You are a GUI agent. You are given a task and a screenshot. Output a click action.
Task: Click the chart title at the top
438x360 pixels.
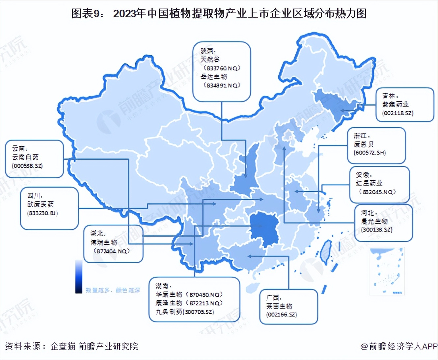click(219, 13)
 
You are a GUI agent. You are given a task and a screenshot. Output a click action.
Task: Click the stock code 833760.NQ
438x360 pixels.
click(222, 68)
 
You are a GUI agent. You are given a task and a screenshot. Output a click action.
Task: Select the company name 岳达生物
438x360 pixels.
click(214, 77)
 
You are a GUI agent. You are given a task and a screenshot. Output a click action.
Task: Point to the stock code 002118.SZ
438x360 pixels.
click(397, 113)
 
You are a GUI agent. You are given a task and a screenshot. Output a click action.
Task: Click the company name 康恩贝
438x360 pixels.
click(364, 144)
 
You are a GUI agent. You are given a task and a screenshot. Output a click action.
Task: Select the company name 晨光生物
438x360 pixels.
click(374, 221)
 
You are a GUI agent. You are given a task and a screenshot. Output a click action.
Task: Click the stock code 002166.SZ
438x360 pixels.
click(282, 315)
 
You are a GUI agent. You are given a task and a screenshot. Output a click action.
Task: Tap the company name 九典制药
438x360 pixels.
click(169, 312)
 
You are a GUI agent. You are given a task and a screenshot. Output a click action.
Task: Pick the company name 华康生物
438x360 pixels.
click(169, 295)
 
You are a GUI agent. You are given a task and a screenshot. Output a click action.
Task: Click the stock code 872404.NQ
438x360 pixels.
click(112, 251)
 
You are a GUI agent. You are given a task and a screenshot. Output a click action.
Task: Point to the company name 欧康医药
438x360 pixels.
click(41, 204)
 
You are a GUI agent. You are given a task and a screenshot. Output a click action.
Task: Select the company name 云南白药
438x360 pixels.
click(25, 157)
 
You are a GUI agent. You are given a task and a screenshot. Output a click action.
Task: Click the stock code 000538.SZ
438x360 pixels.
click(27, 166)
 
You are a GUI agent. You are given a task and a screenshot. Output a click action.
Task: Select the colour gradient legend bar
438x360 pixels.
click(79, 276)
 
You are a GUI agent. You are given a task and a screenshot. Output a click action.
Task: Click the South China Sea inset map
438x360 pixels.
click(387, 271)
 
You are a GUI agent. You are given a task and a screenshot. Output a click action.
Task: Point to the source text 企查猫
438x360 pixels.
click(63, 346)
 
